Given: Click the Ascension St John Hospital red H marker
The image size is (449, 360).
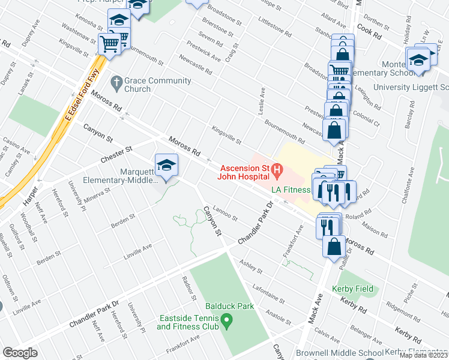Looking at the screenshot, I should pos(277,171).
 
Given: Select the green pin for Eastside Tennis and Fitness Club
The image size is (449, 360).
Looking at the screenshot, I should pos(226,323).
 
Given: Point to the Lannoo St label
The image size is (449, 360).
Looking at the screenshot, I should pos(226,213).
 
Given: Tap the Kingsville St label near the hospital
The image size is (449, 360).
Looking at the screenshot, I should pos(226,135).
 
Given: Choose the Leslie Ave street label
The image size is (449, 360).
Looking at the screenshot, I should pos(262,99).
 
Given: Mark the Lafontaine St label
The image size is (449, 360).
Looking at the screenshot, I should pos(268,292).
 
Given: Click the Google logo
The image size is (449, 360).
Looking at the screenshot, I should pos(20,353).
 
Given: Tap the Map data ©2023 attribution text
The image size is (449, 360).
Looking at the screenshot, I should pos(423,355).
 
